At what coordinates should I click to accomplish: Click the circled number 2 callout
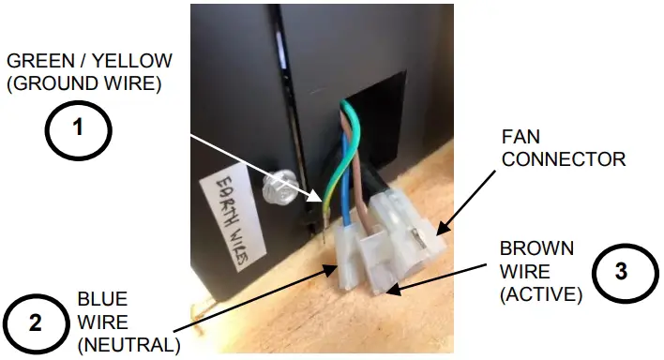click(35, 322)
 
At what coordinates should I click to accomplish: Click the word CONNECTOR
click(564, 159)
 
